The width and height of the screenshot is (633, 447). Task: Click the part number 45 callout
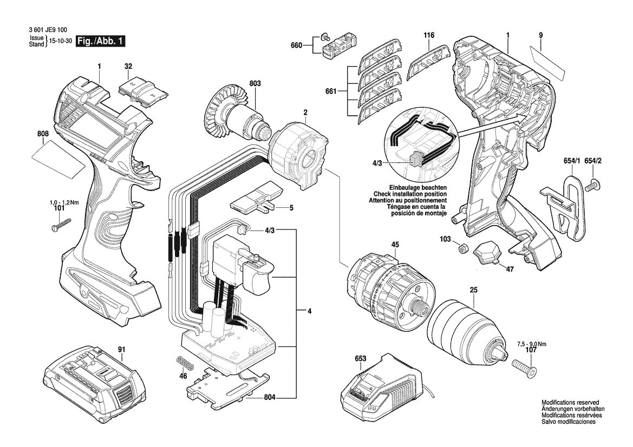[x=395, y=245]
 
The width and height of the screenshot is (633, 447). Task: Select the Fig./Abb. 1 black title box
[x=101, y=41]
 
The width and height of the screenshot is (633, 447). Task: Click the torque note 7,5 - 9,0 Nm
[x=532, y=344]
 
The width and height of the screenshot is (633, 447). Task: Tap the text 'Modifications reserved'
[x=570, y=403]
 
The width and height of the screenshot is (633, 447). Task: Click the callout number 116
[x=429, y=36]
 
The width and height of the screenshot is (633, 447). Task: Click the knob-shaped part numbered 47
[x=486, y=253]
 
